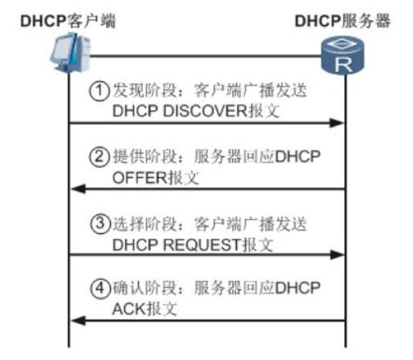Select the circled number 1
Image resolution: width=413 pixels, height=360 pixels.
(x=98, y=90)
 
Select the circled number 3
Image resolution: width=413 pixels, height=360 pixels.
(x=98, y=224)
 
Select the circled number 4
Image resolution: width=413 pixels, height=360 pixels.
(x=98, y=290)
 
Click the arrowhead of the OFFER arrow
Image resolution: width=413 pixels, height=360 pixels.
(x=77, y=187)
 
